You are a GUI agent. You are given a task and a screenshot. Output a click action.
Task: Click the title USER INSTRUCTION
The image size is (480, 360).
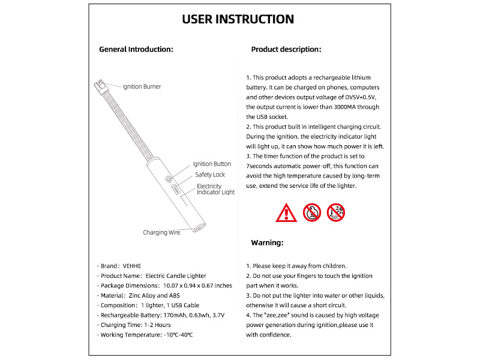click(238, 19)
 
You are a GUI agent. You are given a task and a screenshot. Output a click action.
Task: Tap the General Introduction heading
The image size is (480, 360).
click(136, 49)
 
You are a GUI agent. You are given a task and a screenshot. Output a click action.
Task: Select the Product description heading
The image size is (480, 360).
click(286, 49)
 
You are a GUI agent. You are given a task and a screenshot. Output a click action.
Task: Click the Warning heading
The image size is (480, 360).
click(267, 243)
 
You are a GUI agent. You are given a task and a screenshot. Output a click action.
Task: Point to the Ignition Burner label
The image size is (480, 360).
click(142, 86)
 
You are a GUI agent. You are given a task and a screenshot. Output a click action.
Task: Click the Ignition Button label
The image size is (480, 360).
click(212, 164)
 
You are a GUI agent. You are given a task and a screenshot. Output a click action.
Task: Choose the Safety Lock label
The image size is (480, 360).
click(210, 175)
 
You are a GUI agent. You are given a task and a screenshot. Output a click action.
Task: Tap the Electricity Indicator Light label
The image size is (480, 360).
click(215, 189)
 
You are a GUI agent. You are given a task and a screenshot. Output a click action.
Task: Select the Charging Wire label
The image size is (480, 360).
click(161, 232)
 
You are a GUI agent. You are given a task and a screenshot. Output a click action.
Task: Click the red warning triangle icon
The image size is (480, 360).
click(286, 212)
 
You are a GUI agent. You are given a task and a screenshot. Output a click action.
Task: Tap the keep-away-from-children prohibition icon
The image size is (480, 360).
click(311, 212)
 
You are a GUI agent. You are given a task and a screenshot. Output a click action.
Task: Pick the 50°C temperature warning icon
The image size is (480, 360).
click(336, 212)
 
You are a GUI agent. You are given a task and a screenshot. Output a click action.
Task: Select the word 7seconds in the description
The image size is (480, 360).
click(262, 165)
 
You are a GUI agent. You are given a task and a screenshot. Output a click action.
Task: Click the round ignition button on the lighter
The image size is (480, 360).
click(169, 179)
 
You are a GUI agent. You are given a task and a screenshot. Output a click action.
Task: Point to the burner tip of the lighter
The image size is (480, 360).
click(99, 86)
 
